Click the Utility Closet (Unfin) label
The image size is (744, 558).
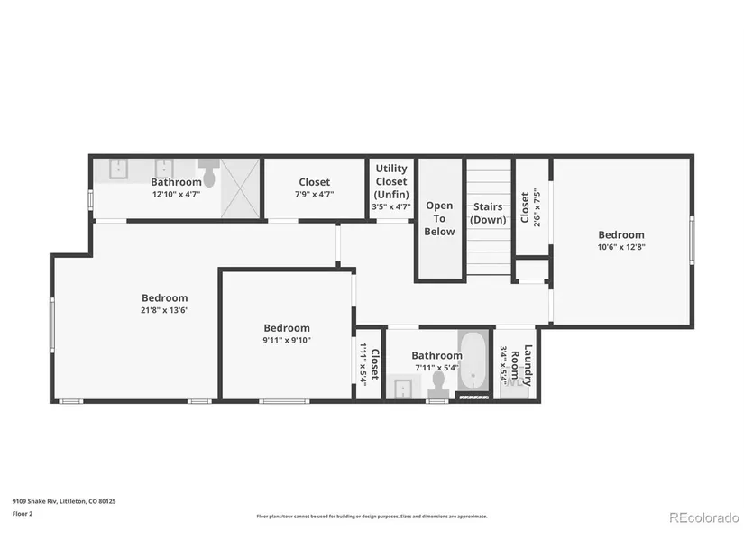pos(391,181)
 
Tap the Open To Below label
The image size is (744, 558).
pos(439,218)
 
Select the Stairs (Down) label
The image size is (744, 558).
pos(488,213)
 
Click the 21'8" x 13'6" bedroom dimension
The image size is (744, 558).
pos(165,310)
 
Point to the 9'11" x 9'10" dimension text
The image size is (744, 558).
pos(287,340)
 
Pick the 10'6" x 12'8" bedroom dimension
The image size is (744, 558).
pos(621,247)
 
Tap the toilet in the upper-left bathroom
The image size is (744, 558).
pos(209,173)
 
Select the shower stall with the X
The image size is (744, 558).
pos(241,188)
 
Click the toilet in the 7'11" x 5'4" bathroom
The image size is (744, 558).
pos(438,385)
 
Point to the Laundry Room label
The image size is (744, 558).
pos(521,365)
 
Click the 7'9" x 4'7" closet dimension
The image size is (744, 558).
pos(314,194)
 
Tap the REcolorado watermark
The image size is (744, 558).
pos(704,517)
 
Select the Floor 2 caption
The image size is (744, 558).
pos(23,514)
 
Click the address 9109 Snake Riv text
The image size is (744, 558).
pos(34,501)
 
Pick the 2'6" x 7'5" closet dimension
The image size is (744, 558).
pos(537,207)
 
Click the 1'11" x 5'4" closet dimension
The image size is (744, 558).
pos(363,364)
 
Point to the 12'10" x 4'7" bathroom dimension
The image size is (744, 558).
pos(176,194)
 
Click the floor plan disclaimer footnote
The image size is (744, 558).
pos(372,517)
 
